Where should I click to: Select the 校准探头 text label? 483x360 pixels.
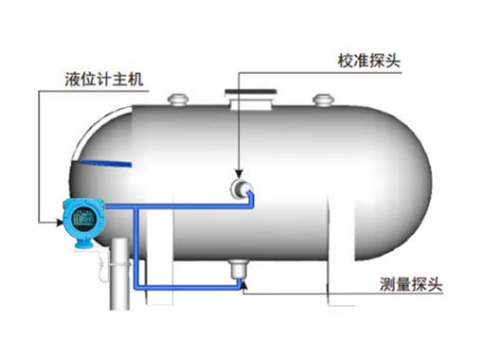(x=368, y=60)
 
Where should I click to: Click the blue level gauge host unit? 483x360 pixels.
(x=79, y=222)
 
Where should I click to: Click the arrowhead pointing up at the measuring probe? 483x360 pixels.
(x=242, y=284)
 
